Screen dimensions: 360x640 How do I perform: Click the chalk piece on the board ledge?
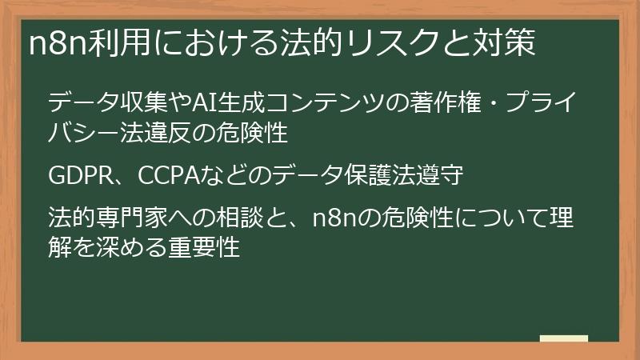coord(563,338)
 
